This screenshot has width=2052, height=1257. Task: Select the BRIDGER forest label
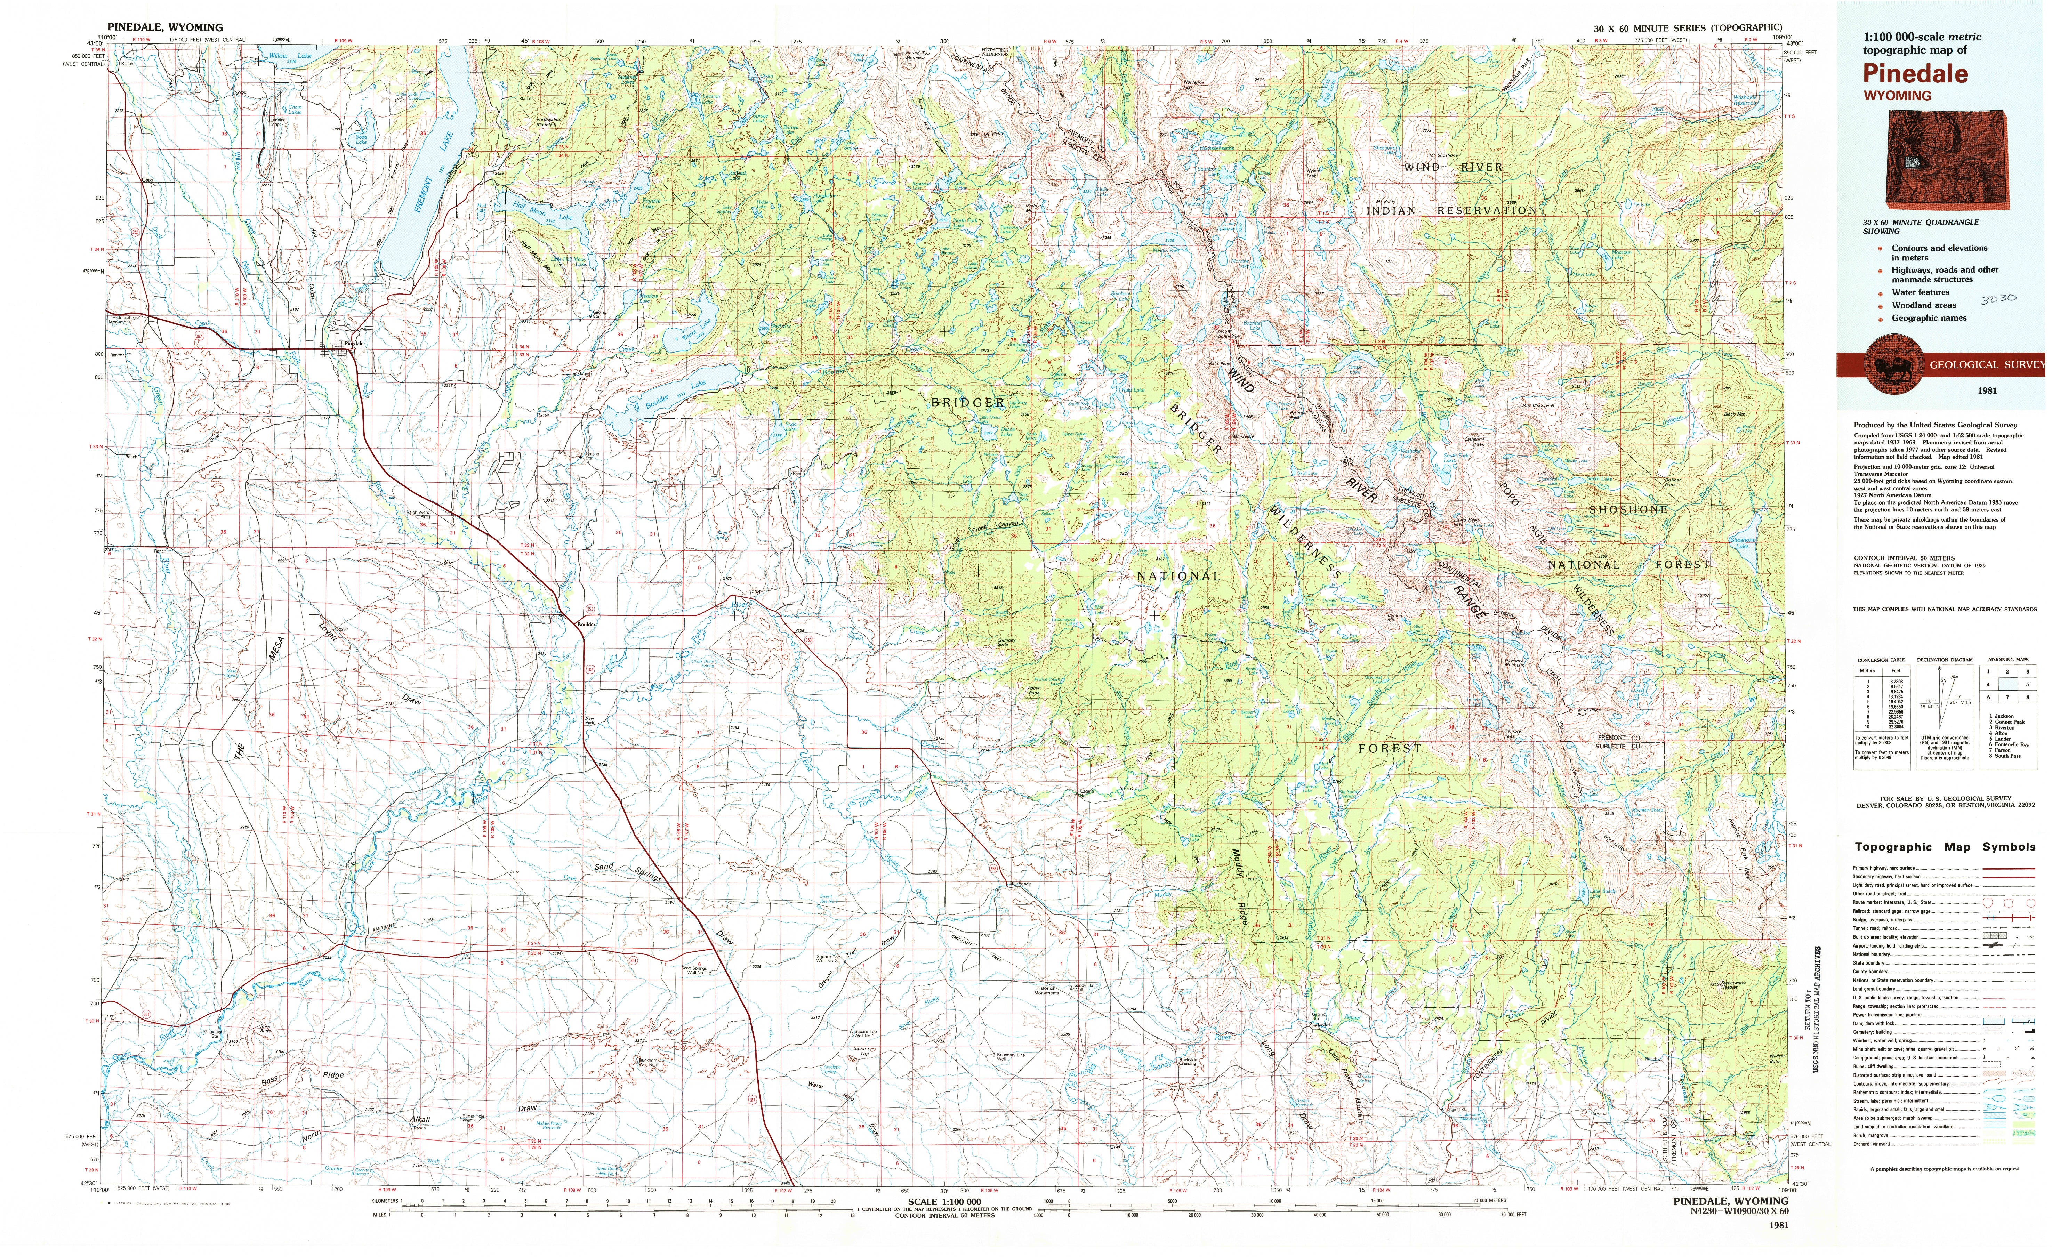(968, 402)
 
